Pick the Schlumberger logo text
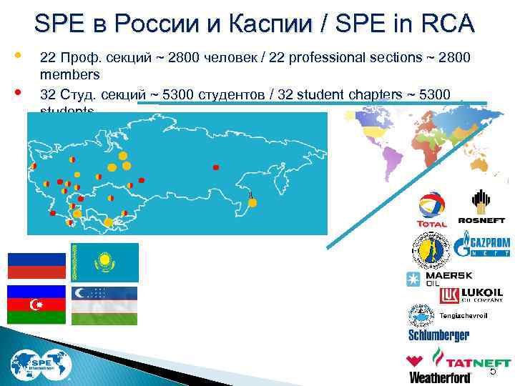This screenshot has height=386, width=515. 438,335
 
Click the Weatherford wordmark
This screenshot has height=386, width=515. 440,377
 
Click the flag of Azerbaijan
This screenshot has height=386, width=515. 36,305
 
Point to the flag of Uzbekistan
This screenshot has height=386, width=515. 104,305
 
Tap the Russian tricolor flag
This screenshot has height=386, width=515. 36,265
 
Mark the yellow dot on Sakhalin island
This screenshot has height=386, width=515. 252,202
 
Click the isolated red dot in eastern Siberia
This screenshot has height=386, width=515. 216,168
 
